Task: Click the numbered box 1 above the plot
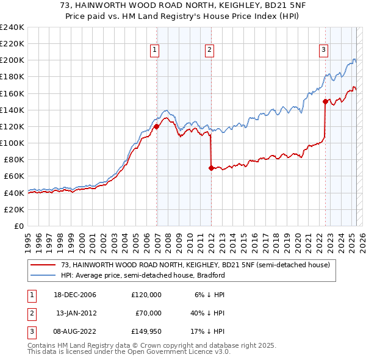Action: (x=155, y=51)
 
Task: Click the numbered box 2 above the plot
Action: (x=209, y=51)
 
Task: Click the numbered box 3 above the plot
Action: (x=323, y=51)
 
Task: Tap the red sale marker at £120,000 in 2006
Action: (x=156, y=127)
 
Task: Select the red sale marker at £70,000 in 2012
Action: (x=211, y=168)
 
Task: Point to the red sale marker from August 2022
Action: (x=325, y=102)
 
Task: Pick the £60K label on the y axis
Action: (x=13, y=176)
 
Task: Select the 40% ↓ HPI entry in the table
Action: (x=209, y=313)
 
